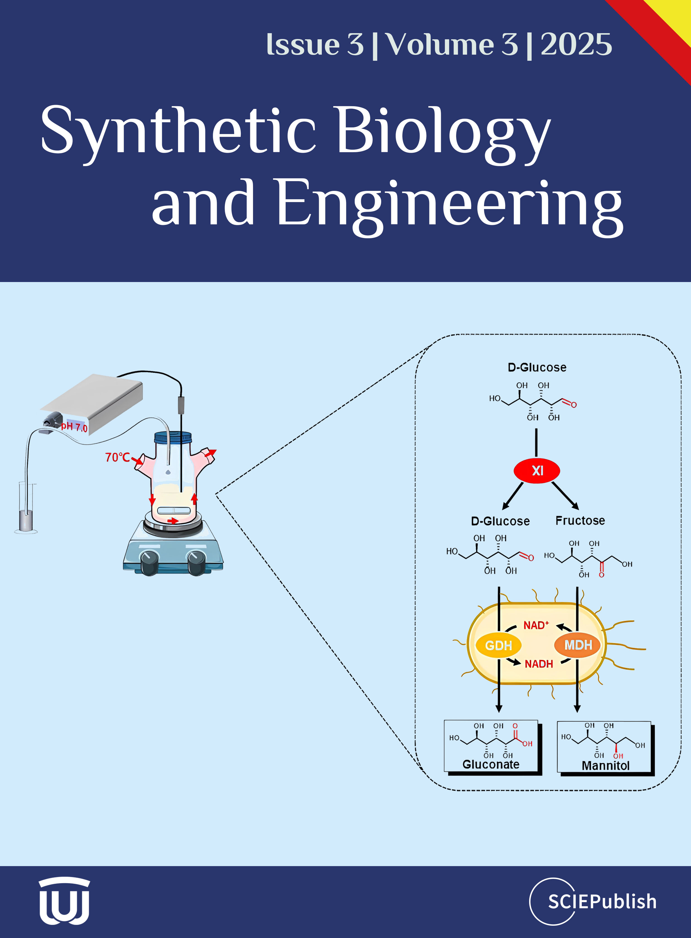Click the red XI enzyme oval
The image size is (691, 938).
point(537,471)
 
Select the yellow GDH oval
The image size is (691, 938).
point(498,645)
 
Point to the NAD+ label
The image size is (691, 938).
point(536,625)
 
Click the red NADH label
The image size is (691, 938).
point(539,664)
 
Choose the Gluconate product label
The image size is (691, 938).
point(491,764)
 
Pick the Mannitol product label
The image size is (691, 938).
point(605,766)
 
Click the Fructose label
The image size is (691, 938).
point(580,521)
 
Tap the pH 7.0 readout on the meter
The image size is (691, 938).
point(74,427)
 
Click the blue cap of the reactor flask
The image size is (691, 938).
point(173,438)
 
